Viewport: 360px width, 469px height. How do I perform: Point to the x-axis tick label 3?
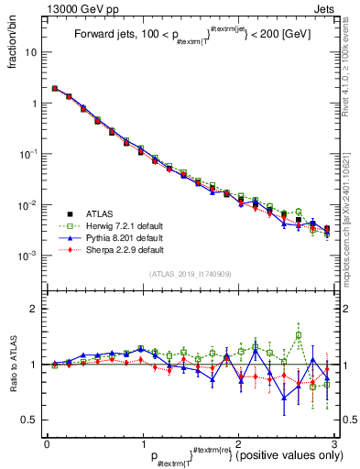pos(334,443)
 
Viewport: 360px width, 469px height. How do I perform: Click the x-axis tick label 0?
pos(47,443)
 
